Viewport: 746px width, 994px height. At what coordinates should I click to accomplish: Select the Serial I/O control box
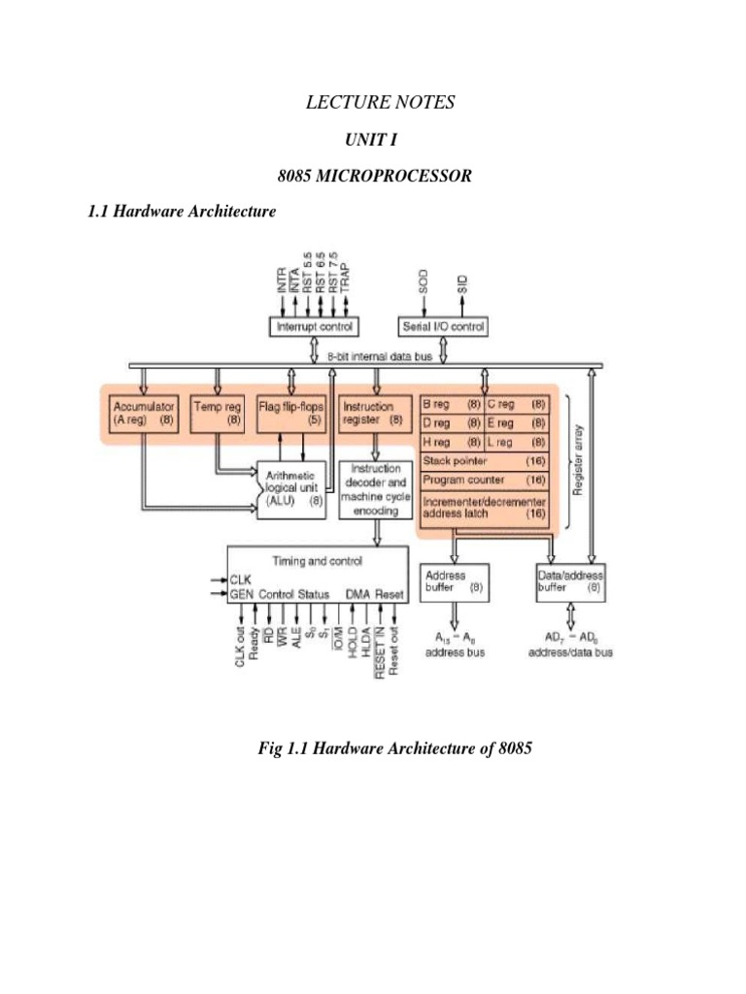click(442, 327)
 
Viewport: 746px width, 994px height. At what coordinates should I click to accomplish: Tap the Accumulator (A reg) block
click(142, 414)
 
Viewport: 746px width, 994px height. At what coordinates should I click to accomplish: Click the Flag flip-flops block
click(290, 414)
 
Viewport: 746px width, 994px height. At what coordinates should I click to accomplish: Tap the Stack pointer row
click(484, 460)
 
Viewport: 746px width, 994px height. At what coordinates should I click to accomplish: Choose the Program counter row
click(484, 480)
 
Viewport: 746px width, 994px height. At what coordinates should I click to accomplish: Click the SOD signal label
click(423, 282)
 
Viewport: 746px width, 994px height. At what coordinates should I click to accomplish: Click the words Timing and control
click(318, 560)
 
